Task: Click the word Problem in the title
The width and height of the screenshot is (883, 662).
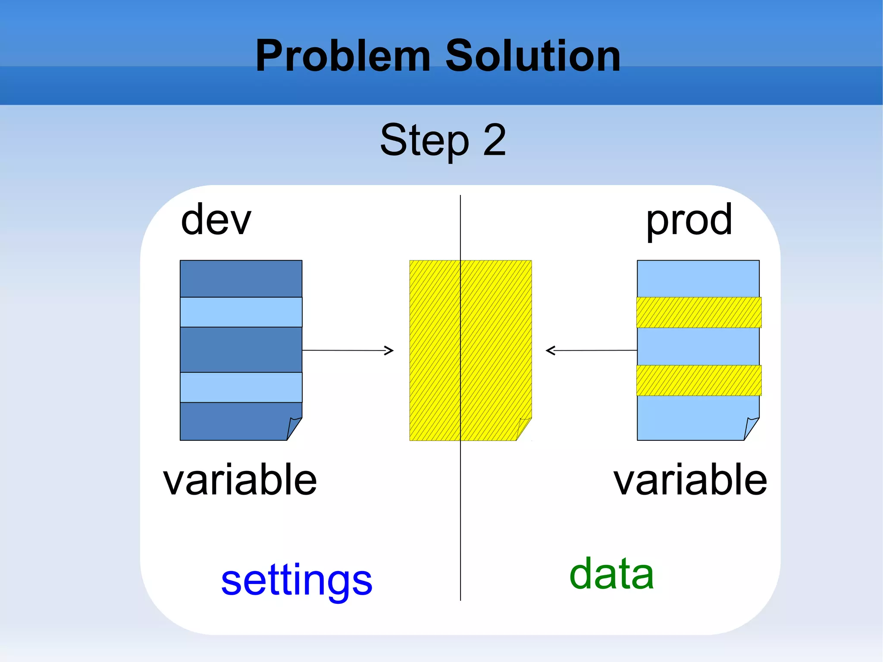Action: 343,56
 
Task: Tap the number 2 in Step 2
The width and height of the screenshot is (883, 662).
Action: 495,140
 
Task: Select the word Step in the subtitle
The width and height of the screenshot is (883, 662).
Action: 424,141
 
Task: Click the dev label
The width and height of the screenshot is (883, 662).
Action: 216,220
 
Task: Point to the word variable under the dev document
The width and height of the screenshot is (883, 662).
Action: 240,480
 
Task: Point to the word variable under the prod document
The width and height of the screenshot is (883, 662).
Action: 690,480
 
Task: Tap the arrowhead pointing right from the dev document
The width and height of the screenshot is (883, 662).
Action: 389,351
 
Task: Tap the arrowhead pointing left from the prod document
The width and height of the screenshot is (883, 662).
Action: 551,351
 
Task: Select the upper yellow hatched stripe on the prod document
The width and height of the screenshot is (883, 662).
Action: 698,312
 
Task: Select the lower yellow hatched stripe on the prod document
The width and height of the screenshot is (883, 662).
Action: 698,380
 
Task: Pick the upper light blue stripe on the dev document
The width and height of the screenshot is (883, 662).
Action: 241,312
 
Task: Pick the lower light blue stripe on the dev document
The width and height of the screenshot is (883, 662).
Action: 241,387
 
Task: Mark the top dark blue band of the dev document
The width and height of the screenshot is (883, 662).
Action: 241,279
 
